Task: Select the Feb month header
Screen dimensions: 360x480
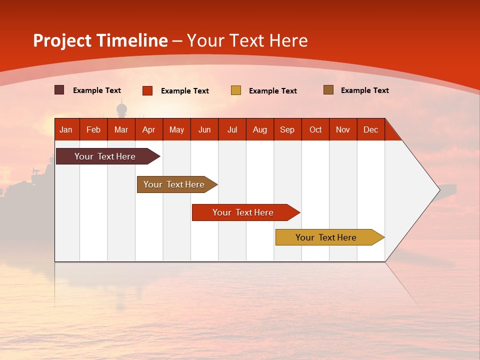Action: click(x=93, y=129)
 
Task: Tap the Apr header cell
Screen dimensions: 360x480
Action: click(x=149, y=129)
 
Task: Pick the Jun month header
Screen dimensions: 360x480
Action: click(x=204, y=129)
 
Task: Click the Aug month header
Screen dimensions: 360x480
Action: click(x=260, y=129)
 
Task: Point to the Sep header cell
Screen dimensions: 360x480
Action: click(x=287, y=129)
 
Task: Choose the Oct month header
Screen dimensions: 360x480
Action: click(x=315, y=129)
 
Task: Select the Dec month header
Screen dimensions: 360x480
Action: click(x=371, y=129)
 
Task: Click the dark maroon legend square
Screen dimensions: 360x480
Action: click(x=59, y=90)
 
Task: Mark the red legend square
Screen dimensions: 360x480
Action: click(x=147, y=90)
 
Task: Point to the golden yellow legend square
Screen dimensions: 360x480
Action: click(x=236, y=90)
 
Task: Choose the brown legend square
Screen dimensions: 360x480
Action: click(x=328, y=90)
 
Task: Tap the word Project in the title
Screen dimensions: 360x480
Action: click(x=62, y=40)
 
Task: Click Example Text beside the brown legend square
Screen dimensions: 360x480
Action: click(x=364, y=90)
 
